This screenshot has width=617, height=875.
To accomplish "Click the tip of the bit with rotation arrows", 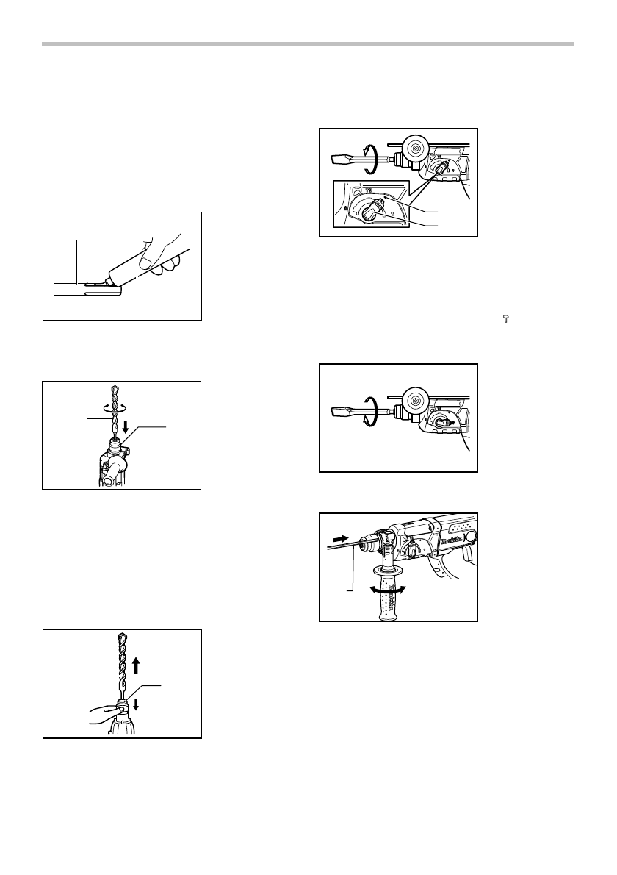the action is coord(113,390).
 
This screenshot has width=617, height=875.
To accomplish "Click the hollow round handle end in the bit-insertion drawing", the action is coord(111,476).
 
